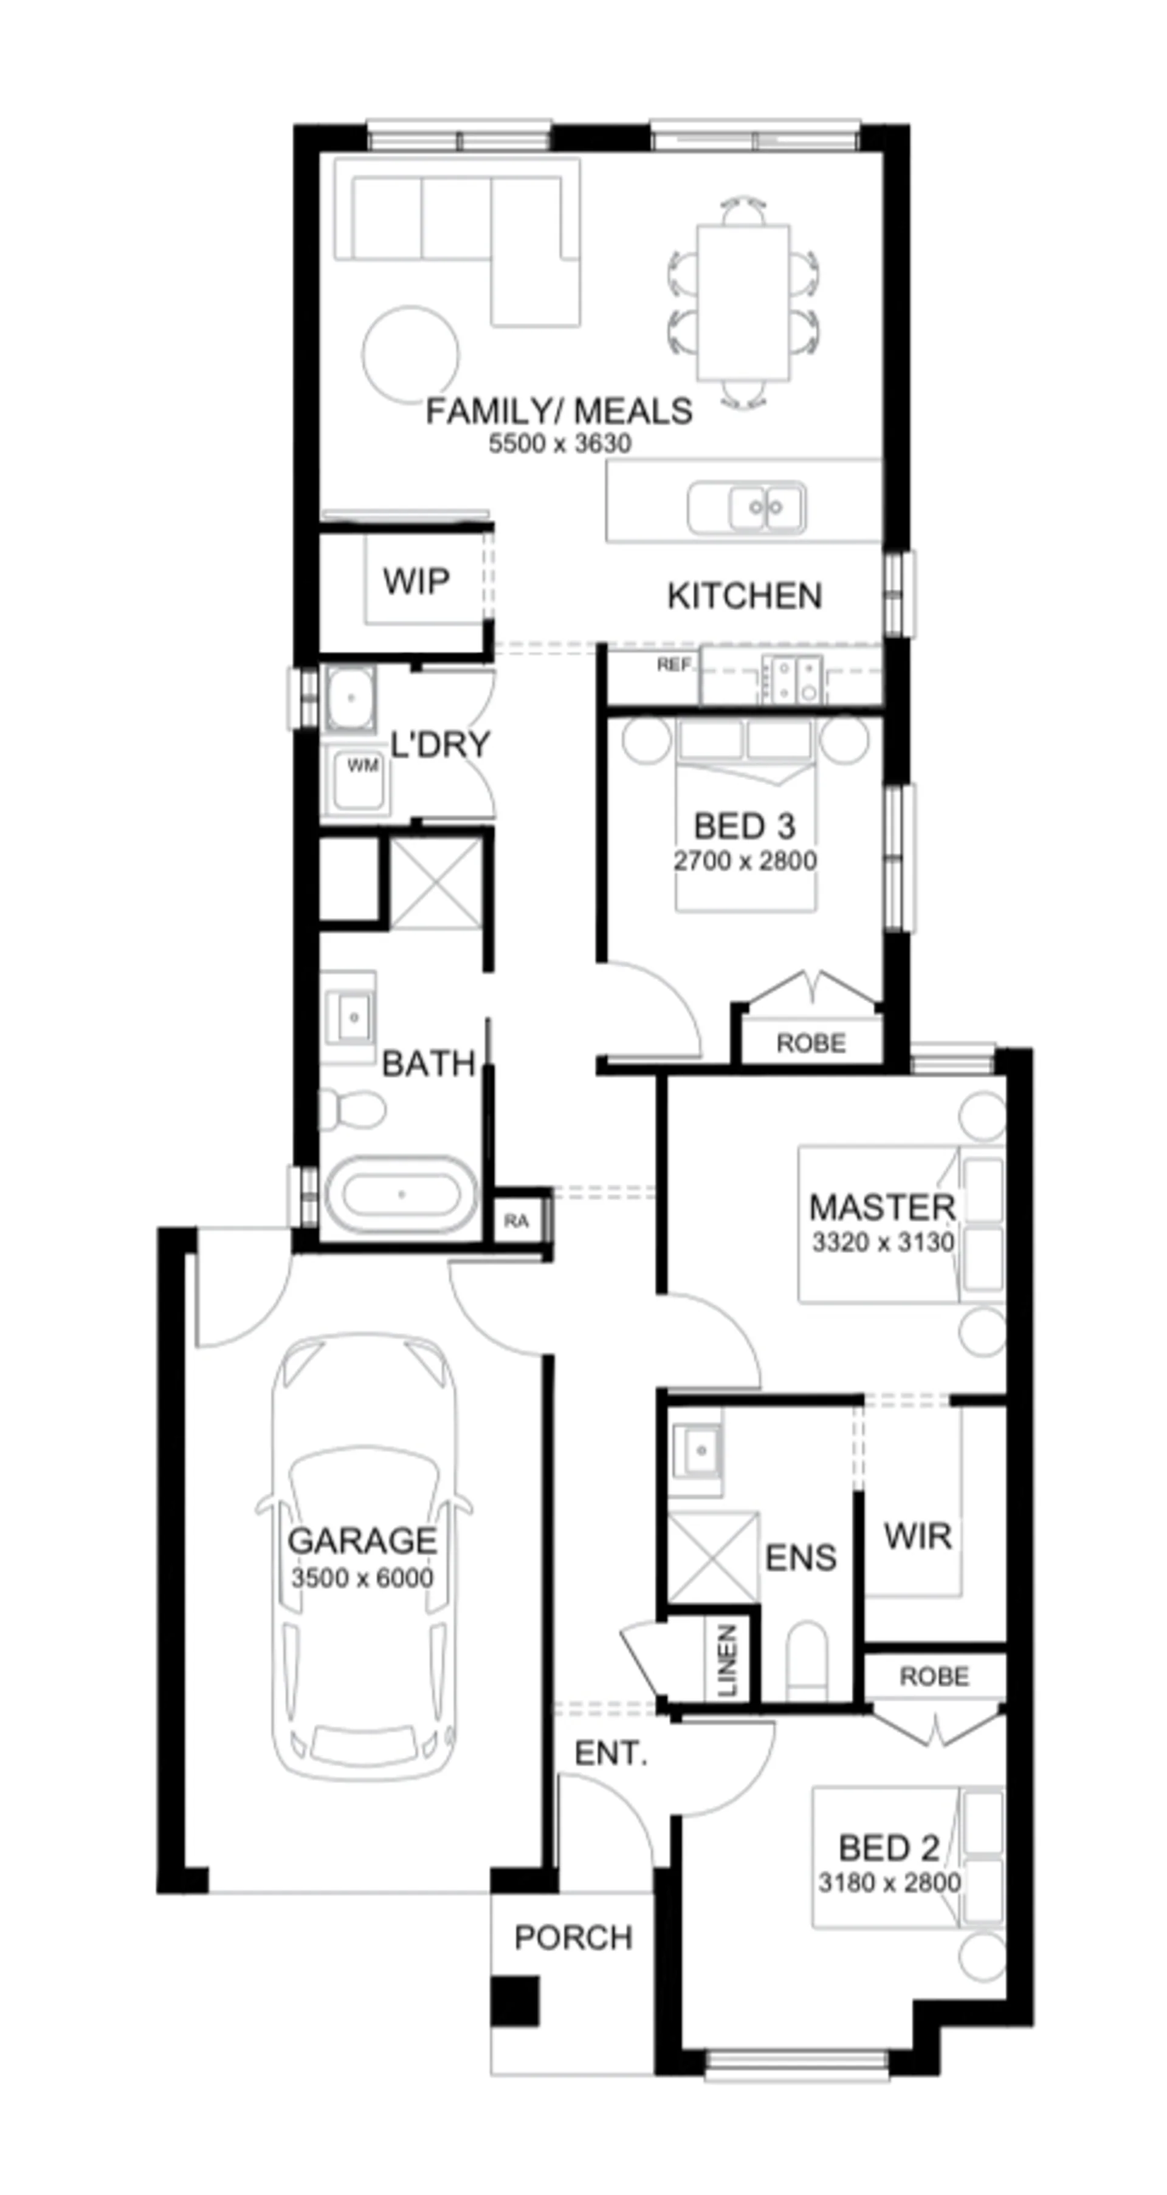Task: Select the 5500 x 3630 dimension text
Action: [560, 443]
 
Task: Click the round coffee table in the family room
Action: [410, 355]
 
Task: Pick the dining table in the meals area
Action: [743, 302]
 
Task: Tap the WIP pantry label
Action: [416, 581]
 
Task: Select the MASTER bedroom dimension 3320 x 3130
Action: [883, 1243]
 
